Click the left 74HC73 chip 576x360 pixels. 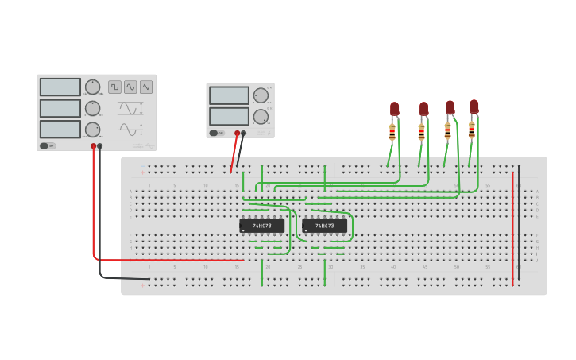point(261,226)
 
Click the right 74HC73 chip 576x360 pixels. point(324,226)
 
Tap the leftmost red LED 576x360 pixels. point(394,109)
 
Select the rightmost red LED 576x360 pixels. point(474,106)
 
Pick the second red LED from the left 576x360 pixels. point(423,109)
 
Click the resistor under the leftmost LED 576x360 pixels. point(392,131)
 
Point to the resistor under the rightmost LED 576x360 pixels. point(472,130)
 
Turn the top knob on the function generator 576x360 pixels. point(93,87)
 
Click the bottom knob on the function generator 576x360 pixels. point(93,129)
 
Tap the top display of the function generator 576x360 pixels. point(60,87)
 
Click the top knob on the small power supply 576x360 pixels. point(261,95)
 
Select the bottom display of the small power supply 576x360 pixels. point(229,116)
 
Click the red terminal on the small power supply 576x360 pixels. point(237,134)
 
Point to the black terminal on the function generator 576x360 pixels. point(100,146)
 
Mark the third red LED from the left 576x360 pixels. point(450,107)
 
